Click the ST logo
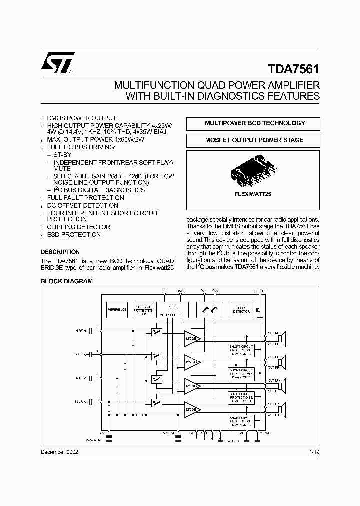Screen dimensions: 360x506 click(57, 63)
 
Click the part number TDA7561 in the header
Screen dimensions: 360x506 click(293, 67)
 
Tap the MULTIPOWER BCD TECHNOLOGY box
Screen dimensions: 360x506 click(255, 123)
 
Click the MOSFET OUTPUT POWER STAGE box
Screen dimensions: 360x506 click(255, 140)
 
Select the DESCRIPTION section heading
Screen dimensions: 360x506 click(60, 252)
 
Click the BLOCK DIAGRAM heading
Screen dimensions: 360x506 click(66, 281)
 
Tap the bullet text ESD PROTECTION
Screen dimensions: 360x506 click(74, 234)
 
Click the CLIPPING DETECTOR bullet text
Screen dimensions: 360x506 click(79, 227)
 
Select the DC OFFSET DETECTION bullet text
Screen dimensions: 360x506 click(82, 205)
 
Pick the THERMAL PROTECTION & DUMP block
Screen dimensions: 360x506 click(143, 310)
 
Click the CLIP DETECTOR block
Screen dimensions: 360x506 click(241, 310)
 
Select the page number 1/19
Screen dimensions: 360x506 click(314, 451)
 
